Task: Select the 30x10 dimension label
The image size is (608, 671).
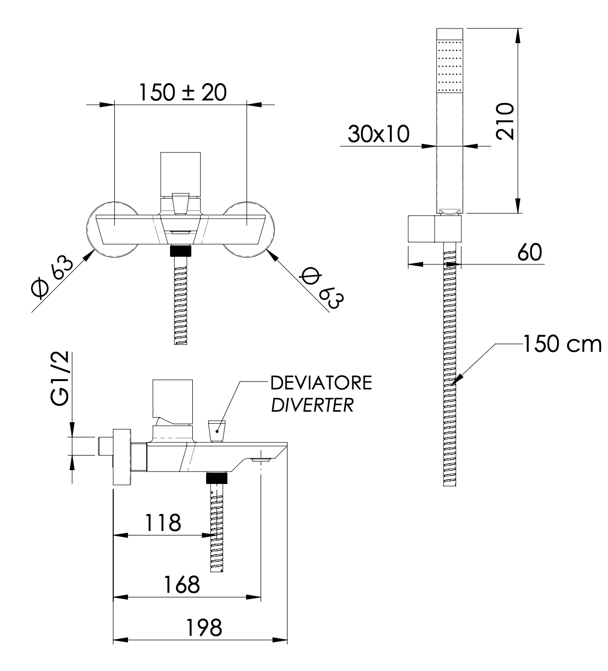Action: pyautogui.click(x=379, y=134)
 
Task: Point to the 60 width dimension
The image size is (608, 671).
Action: pyautogui.click(x=529, y=253)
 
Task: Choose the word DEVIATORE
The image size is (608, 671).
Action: pyautogui.click(x=321, y=383)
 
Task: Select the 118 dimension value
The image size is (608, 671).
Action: pyautogui.click(x=163, y=523)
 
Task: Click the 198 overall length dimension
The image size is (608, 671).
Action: pyautogui.click(x=204, y=628)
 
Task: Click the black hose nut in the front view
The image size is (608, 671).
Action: pyautogui.click(x=181, y=250)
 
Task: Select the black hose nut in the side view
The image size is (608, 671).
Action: pyautogui.click(x=217, y=478)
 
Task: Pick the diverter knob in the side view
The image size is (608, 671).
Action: pyautogui.click(x=217, y=430)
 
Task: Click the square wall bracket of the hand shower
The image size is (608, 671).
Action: pyautogui.click(x=423, y=229)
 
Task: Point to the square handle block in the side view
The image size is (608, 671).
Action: pyautogui.click(x=173, y=398)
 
